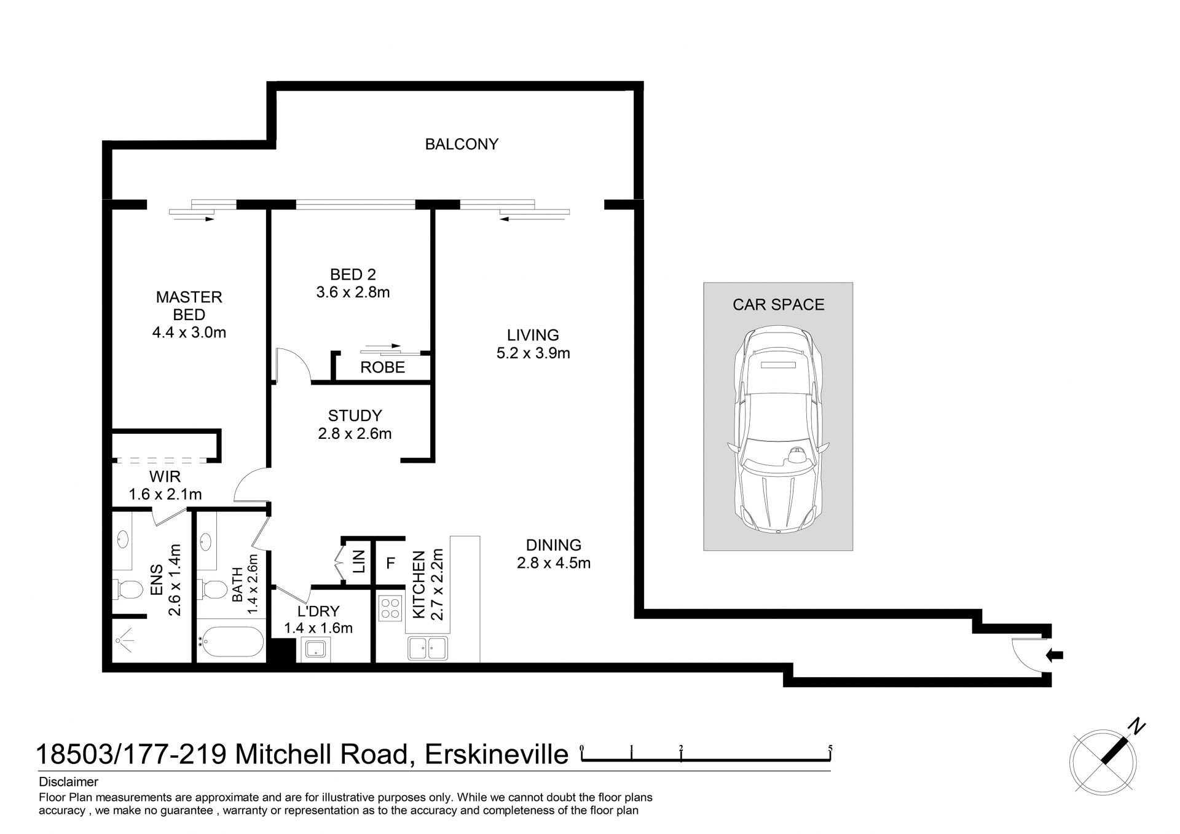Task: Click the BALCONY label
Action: pos(462,144)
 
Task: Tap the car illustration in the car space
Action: pos(778,430)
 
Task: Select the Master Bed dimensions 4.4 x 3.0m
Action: pos(189,332)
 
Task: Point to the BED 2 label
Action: pos(353,274)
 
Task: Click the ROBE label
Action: pos(382,368)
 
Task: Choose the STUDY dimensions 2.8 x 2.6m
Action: pos(355,433)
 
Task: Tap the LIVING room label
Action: pos(533,336)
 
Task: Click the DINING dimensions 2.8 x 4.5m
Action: pos(554,562)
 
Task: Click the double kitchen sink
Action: pos(428,648)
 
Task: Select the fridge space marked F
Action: pos(390,562)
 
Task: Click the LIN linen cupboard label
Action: pos(359,562)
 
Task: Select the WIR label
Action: pos(165,477)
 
